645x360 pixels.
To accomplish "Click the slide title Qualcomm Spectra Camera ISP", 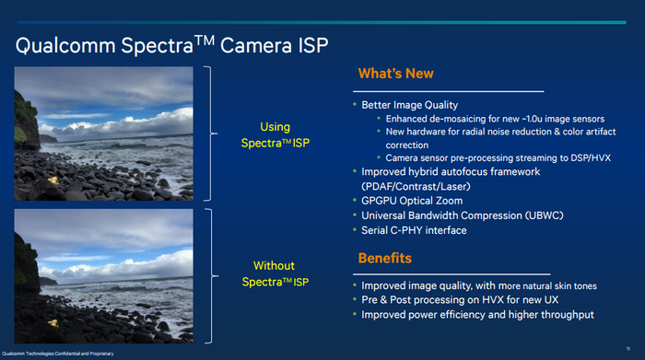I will [x=170, y=43].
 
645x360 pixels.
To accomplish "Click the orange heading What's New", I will [x=394, y=73].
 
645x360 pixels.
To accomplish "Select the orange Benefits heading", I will [x=384, y=258].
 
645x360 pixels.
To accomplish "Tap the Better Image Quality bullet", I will [x=409, y=105].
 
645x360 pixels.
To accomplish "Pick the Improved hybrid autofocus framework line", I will [x=450, y=171].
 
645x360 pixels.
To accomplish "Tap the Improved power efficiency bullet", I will [x=477, y=315].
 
